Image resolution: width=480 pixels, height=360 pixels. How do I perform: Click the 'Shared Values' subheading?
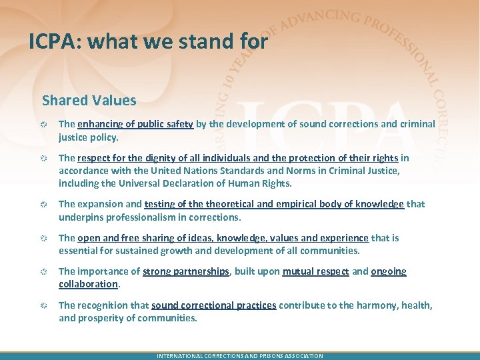pos(89,101)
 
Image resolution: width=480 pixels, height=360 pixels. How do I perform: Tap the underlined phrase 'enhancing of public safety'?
pos(135,124)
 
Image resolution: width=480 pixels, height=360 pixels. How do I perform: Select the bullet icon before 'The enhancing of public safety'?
pos(43,124)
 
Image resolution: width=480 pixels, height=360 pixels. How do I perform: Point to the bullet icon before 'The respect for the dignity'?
pos(43,159)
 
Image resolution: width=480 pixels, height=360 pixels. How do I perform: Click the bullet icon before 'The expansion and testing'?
pos(43,205)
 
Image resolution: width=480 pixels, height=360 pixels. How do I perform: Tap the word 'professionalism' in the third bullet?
pos(142,217)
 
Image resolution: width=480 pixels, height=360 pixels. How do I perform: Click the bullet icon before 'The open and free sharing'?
pos(43,239)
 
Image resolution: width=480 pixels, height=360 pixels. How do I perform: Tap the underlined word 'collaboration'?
pos(88,283)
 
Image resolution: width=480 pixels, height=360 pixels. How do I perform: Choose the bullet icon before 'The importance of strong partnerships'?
pos(43,272)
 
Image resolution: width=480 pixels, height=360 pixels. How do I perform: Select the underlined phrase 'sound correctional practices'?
pos(213,305)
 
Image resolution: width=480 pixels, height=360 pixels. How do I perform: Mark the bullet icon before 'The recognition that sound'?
pos(43,306)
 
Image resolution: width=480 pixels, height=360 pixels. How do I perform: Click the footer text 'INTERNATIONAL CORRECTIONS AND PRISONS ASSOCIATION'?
pos(239,356)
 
